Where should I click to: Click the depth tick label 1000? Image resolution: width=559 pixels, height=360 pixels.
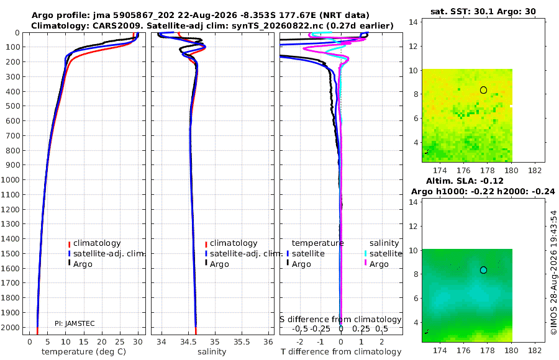click(x=10, y=179)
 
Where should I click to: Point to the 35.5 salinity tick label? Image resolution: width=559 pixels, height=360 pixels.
click(x=242, y=342)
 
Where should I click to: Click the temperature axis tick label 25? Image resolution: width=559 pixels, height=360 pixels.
click(x=120, y=342)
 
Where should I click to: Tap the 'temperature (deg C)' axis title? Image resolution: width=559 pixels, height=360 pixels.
click(x=84, y=352)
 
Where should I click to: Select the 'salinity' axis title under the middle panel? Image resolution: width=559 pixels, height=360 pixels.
click(x=212, y=352)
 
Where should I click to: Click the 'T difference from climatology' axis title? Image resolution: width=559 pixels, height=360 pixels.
click(x=341, y=352)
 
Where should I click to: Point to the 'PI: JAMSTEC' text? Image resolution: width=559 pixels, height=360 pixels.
click(x=75, y=323)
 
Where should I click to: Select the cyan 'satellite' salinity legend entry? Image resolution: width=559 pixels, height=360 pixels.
click(x=386, y=253)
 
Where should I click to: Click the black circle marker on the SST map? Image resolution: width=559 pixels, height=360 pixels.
click(x=483, y=90)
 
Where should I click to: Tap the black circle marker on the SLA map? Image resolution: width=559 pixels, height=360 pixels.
click(x=483, y=270)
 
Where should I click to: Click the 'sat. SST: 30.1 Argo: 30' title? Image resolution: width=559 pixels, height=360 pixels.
click(x=483, y=11)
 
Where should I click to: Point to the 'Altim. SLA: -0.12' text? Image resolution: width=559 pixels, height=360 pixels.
click(x=465, y=181)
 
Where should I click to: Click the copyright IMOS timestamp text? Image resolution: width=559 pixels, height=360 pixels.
click(x=553, y=272)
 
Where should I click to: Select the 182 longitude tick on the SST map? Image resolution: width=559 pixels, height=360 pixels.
click(x=535, y=171)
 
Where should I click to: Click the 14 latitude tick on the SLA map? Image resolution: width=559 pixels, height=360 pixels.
click(x=413, y=202)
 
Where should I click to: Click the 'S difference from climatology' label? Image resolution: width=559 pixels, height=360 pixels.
click(x=340, y=320)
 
